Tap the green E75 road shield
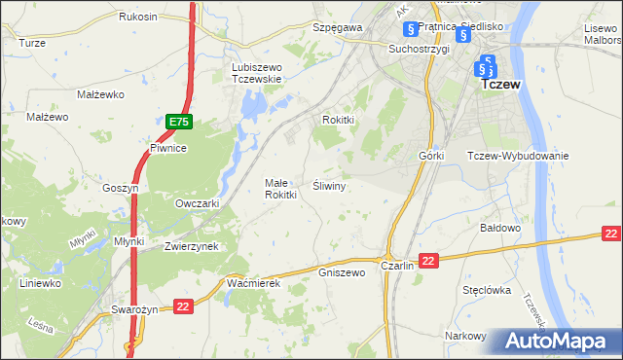(178, 122)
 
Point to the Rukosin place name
(138, 17)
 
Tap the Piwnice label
(167, 148)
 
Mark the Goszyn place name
(122, 188)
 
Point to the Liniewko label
(40, 283)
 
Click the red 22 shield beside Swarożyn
(183, 306)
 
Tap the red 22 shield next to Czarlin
(430, 259)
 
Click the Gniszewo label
(341, 272)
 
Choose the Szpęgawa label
(338, 28)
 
